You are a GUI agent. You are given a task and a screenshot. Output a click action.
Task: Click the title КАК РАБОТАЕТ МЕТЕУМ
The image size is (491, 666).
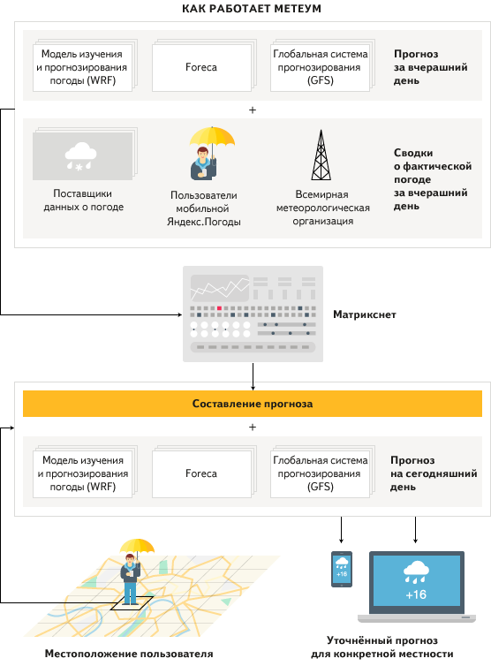(252, 9)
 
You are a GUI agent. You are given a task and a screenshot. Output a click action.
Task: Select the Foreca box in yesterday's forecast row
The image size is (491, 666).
(201, 67)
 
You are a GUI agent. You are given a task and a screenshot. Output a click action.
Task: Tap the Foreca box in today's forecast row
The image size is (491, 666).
(201, 473)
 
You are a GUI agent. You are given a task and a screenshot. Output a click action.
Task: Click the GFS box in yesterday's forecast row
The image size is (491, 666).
(321, 67)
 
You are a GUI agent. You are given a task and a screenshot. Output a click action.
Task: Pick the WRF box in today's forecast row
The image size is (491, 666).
(83, 473)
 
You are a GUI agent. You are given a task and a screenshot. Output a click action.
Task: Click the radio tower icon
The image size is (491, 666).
(321, 155)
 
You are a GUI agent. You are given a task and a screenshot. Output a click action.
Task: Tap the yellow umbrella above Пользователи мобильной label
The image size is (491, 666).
(212, 137)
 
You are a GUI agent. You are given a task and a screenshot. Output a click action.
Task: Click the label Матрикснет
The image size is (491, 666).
(365, 314)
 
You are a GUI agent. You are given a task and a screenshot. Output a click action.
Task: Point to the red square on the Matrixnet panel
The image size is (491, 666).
(219, 308)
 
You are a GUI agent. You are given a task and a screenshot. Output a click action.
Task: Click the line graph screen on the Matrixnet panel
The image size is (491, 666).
(220, 288)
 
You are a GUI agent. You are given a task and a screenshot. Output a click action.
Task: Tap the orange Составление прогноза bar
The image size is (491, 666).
(253, 404)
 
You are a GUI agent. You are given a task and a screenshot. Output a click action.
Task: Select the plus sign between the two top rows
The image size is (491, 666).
(253, 110)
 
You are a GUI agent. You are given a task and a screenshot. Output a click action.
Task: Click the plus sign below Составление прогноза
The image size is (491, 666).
(253, 427)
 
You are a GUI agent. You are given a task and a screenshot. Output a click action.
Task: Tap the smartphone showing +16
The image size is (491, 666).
(342, 569)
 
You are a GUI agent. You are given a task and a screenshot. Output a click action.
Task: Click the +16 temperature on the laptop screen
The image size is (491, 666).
(416, 594)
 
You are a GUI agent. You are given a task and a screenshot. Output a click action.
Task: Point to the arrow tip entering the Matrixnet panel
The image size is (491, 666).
(182, 314)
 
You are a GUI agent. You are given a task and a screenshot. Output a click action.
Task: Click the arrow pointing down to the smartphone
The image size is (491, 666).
(341, 530)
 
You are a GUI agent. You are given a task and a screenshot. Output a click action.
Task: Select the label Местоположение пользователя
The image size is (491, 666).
(129, 654)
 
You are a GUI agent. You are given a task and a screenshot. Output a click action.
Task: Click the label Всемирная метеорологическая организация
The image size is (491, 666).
(323, 208)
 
